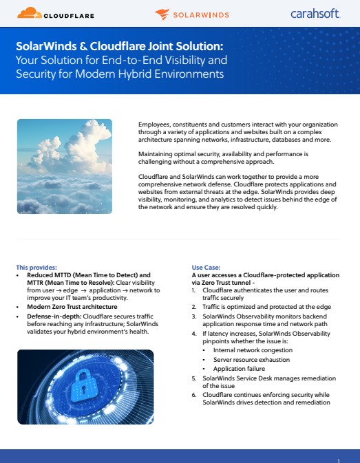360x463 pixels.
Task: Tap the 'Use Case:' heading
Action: [207, 266]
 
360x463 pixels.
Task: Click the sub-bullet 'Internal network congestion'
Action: [246, 349]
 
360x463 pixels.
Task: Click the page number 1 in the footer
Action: [339, 459]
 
